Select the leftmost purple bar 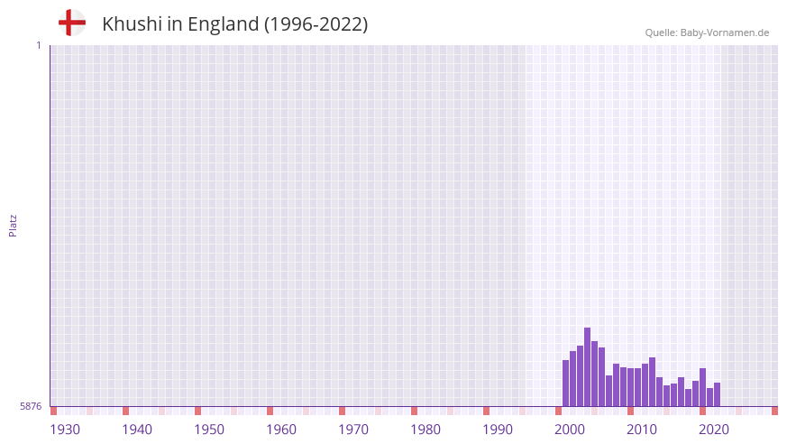pos(565,383)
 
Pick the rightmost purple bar pos(717,394)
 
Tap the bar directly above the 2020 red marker pos(702,387)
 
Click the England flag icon pos(71,23)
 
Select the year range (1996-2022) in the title pos(316,24)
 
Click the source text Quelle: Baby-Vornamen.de pos(707,32)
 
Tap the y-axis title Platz pos(13,226)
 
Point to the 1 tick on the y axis pos(38,45)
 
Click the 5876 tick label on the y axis pos(31,407)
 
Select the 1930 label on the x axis pos(65,430)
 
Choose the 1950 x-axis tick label pos(209,430)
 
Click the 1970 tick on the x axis pos(353,430)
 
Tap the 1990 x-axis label pos(498,430)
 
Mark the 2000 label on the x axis pos(570,430)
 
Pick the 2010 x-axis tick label pos(642,430)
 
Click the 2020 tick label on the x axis pos(714,430)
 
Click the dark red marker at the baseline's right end pos(774,411)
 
